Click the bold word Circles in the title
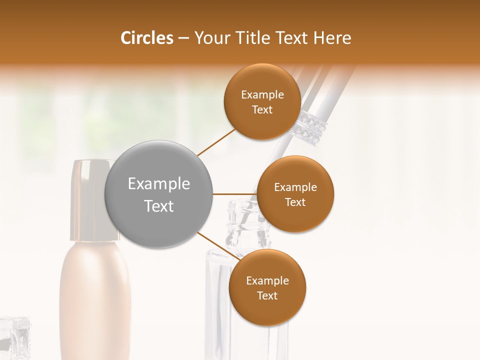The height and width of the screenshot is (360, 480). coord(146,38)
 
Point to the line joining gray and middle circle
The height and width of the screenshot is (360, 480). coord(235,194)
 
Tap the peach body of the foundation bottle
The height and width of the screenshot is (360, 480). coord(95,300)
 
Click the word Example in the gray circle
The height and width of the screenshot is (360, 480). coord(159,184)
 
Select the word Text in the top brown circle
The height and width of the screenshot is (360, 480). coord(262,110)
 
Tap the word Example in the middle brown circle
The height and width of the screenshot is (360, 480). coord(295,187)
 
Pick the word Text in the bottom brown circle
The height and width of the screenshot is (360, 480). coord(267,296)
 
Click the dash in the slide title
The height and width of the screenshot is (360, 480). coord(183,38)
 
